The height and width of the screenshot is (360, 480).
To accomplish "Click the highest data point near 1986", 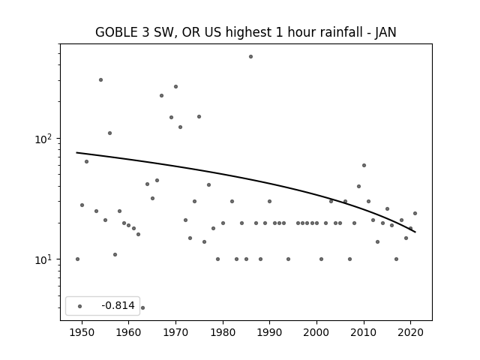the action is pos(250,57).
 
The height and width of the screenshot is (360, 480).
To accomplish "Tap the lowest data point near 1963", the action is pos(142,307).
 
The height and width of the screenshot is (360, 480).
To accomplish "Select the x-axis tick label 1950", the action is pos(82,332).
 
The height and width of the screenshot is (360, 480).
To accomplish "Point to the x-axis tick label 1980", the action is pos(223,332).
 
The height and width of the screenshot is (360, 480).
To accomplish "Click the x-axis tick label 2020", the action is pos(411,332).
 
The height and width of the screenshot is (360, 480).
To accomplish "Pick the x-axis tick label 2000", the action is pos(316,332).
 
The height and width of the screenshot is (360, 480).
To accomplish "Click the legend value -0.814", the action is pos(118,305).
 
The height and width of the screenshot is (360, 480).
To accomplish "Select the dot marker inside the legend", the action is pos(80,306).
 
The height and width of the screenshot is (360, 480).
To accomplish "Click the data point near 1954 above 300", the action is pos(100,80).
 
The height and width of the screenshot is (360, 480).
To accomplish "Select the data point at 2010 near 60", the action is pos(364,165).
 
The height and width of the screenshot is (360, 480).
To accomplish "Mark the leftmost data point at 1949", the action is pos(77,259).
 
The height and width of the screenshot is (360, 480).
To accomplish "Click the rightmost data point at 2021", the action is pos(415,213).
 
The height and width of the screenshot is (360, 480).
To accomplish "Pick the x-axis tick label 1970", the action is pos(175,332).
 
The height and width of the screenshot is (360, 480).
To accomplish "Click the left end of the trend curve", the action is pos(76,152).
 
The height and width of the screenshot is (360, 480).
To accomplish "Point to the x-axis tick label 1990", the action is pos(270,332).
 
